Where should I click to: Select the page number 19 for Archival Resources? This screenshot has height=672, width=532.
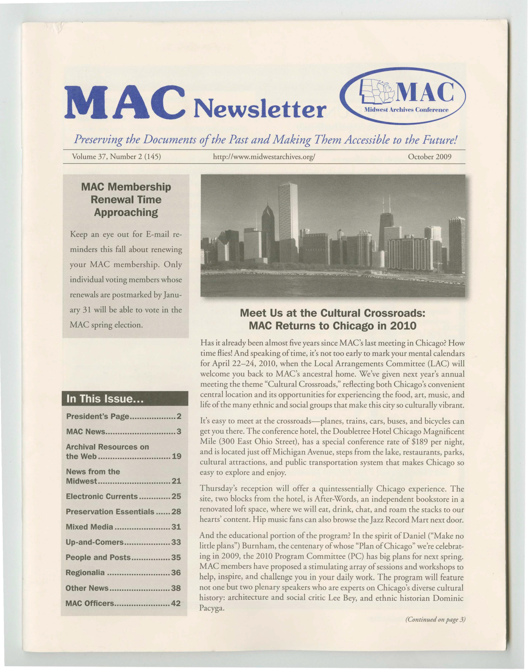tap(176, 456)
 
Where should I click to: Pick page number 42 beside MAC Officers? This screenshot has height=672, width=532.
tap(176, 603)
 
